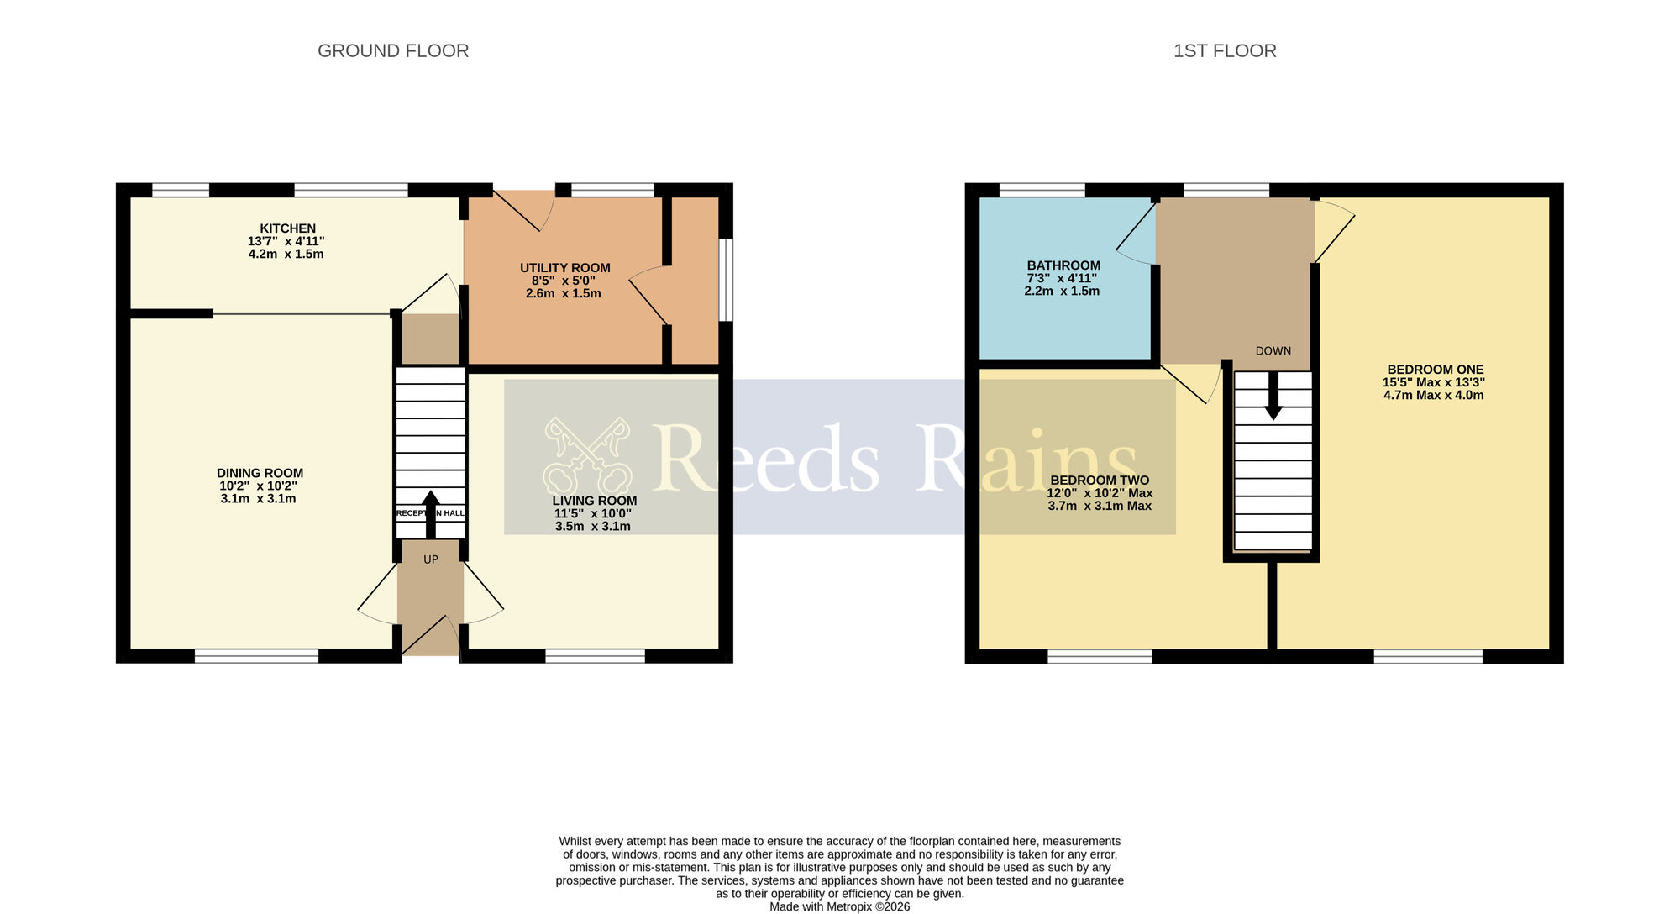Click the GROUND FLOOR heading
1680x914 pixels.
(393, 51)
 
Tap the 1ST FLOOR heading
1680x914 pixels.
(1225, 51)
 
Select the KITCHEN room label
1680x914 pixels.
(287, 228)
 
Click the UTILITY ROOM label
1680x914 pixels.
(564, 268)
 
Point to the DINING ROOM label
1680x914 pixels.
(260, 473)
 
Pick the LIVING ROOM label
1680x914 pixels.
(594, 501)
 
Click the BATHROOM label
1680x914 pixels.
(1063, 265)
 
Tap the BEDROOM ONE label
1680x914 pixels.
(1435, 370)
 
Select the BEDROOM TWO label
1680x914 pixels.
(1099, 481)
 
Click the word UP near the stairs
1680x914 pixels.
(430, 559)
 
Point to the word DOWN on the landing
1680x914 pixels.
(1273, 351)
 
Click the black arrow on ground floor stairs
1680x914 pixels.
(430, 512)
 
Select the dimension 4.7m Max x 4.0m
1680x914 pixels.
(1433, 396)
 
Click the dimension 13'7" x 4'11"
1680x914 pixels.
(286, 241)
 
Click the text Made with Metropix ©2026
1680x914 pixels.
(839, 907)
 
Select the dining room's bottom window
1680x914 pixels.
(256, 656)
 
